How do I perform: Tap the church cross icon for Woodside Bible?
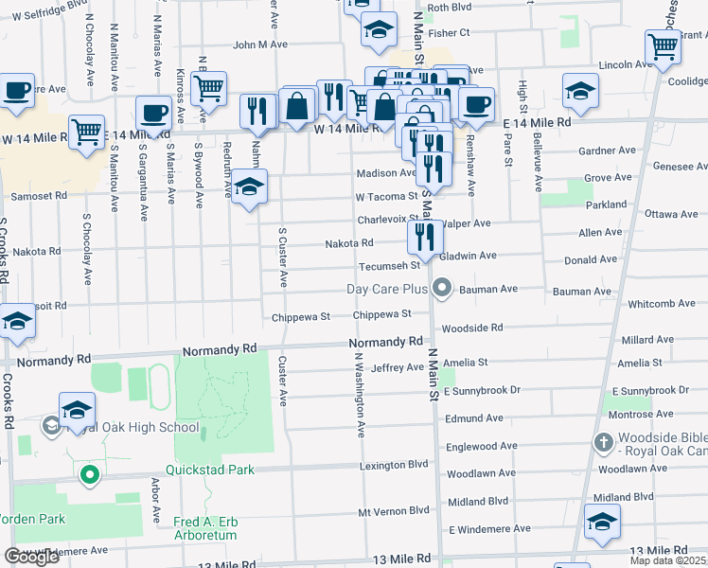pyautogui.click(x=603, y=442)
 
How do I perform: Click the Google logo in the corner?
pyautogui.click(x=31, y=557)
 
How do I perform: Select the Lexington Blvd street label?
pyautogui.click(x=394, y=466)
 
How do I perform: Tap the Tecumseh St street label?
pyautogui.click(x=388, y=266)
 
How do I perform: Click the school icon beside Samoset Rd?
pyautogui.click(x=250, y=186)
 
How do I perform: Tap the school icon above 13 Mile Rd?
pyautogui.click(x=602, y=522)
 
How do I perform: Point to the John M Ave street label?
pyautogui.click(x=259, y=44)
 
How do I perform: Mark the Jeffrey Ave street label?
pyautogui.click(x=398, y=367)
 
